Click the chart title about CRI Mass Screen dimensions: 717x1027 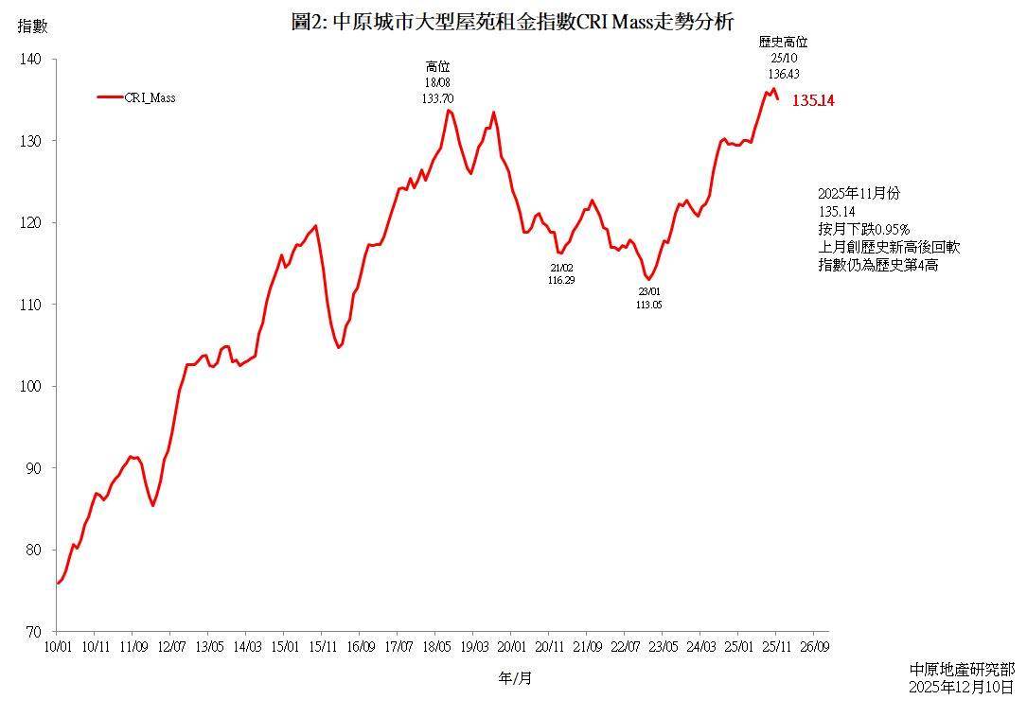click(511, 22)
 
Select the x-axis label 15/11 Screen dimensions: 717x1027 click(323, 647)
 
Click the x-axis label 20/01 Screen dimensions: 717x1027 click(511, 647)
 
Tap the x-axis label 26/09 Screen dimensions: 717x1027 click(815, 647)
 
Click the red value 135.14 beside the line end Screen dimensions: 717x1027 click(812, 100)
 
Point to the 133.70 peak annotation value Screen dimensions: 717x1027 click(437, 97)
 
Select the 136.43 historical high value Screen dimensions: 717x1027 click(784, 73)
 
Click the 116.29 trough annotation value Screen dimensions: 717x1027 click(561, 280)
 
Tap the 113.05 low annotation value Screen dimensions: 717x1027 click(650, 306)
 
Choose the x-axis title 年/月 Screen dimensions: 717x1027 click(515, 677)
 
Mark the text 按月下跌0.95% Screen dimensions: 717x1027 click(863, 229)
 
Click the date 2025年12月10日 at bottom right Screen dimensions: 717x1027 click(961, 687)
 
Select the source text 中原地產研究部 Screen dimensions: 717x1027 click(961, 669)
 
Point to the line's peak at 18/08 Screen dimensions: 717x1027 click(448, 111)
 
